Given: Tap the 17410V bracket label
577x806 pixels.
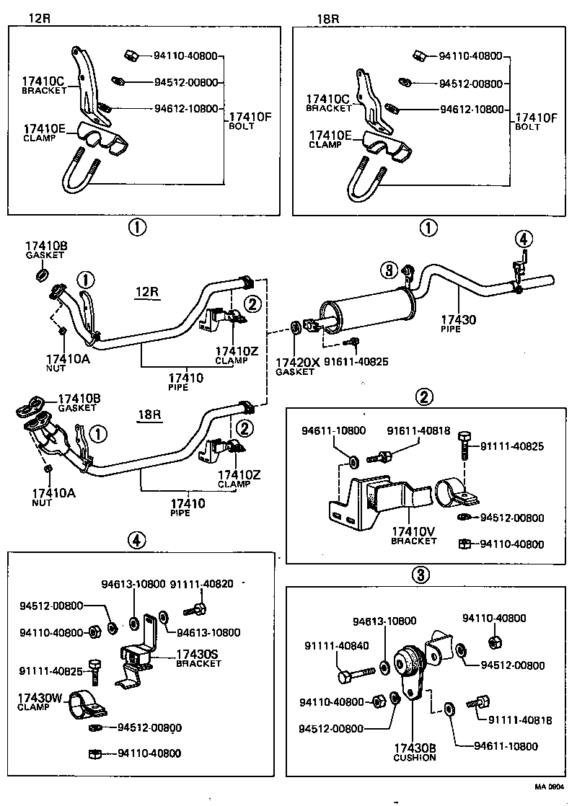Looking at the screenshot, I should click(414, 534).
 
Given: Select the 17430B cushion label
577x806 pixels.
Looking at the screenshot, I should click(415, 751).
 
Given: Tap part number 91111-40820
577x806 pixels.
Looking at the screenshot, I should click(201, 584).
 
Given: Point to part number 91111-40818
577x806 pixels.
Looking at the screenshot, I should click(515, 719).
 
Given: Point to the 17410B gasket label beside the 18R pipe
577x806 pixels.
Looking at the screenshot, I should click(81, 402).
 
